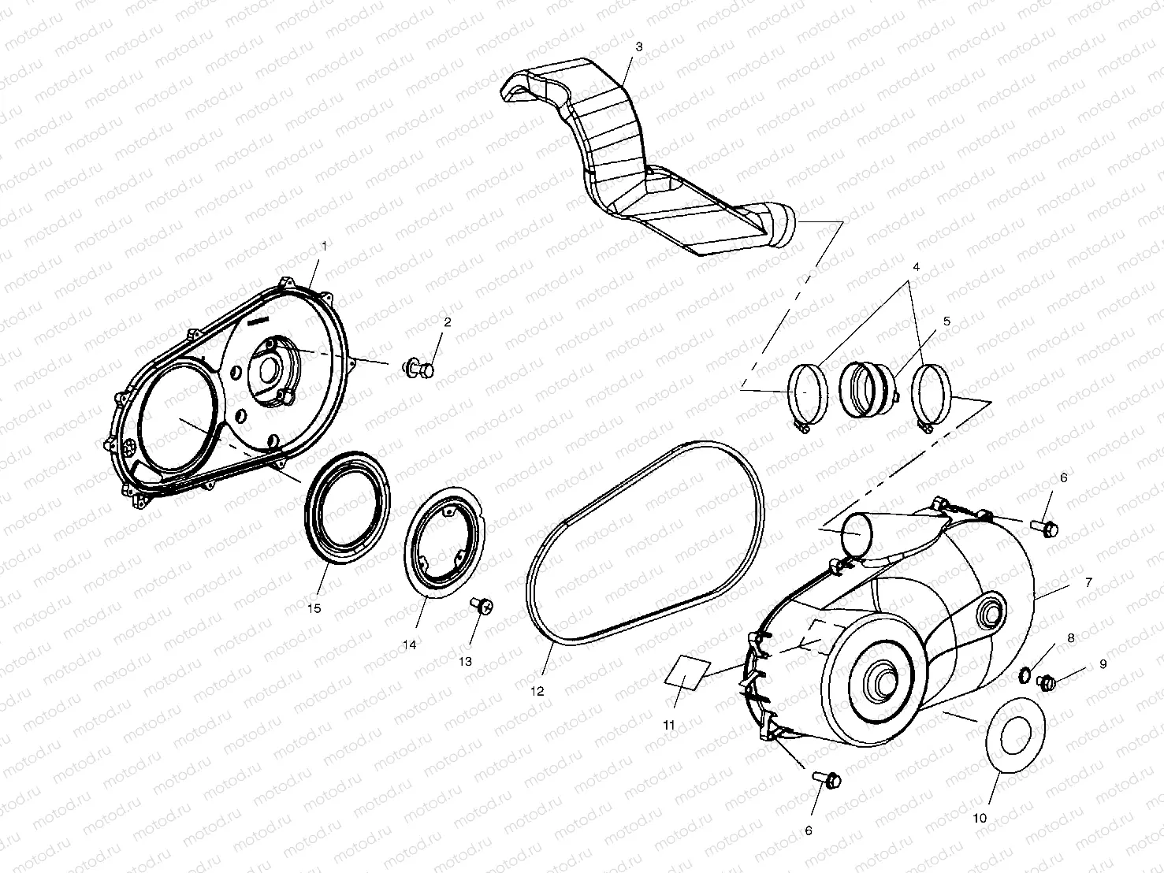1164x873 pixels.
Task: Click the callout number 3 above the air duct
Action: (x=638, y=46)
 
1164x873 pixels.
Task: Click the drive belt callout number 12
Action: (x=537, y=691)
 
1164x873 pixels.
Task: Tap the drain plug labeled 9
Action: (x=1047, y=682)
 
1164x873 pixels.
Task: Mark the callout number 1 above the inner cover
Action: (x=322, y=245)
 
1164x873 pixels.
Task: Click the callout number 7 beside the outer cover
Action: (x=1088, y=582)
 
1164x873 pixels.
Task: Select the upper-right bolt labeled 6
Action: (x=1047, y=528)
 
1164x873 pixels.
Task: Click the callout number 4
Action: (x=917, y=266)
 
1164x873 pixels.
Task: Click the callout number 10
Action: (x=980, y=818)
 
